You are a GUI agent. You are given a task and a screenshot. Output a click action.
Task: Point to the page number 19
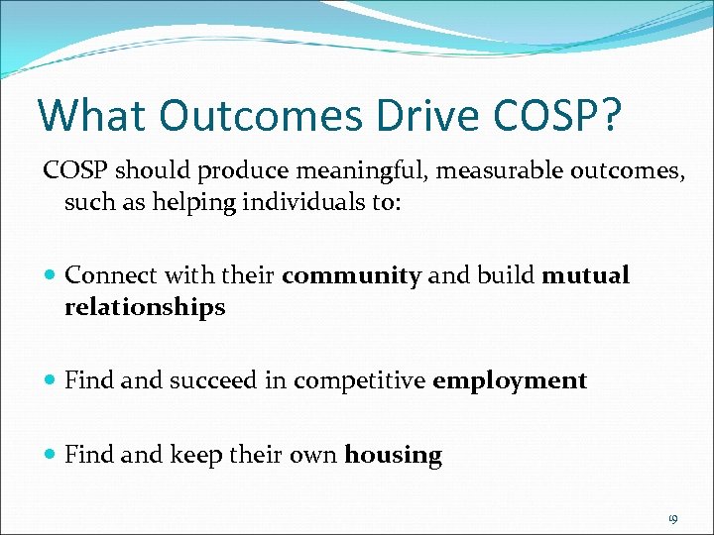point(673,518)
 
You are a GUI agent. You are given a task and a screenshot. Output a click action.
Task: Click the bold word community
point(352,275)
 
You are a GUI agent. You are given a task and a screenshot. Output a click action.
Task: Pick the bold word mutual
point(586,275)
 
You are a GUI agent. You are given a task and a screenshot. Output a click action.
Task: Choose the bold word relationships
point(145,308)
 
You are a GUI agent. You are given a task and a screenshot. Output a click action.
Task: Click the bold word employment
point(510,380)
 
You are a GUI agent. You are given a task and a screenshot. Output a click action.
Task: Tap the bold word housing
point(393,456)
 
